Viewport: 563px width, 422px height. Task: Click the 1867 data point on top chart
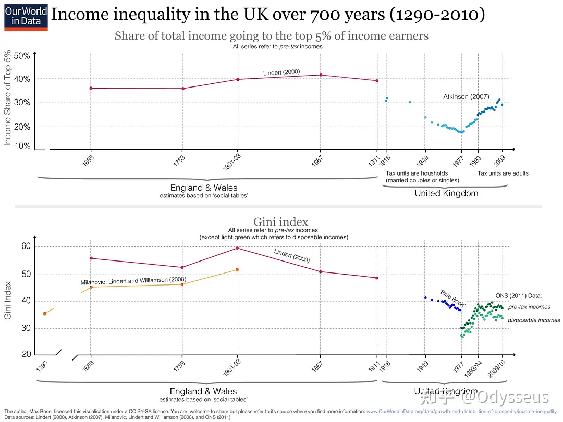[321, 75]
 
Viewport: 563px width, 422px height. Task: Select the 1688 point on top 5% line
[91, 88]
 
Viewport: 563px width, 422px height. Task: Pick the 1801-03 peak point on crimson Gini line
[237, 248]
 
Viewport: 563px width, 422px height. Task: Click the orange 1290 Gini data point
[45, 314]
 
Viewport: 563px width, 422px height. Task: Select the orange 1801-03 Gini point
[237, 269]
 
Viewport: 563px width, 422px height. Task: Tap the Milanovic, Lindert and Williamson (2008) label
[133, 281]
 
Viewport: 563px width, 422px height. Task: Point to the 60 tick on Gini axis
[26, 246]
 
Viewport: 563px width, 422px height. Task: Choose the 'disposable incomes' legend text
[534, 320]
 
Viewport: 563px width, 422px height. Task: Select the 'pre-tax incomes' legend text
[529, 307]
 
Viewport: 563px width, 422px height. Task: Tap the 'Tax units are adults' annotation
[503, 173]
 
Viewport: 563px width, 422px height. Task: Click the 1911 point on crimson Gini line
[376, 278]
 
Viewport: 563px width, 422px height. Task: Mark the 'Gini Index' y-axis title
[9, 302]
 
